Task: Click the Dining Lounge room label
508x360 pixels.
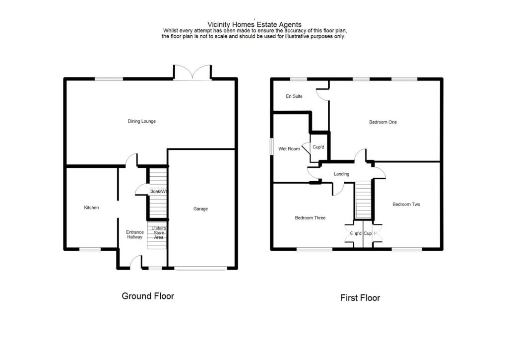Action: coord(142,121)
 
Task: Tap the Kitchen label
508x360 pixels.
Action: coord(91,208)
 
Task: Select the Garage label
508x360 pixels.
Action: coord(200,209)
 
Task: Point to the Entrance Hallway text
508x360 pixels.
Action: coord(134,235)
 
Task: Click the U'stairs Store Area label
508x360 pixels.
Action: coord(159,233)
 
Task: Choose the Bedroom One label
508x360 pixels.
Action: coord(383,122)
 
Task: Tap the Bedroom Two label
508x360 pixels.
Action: coord(406,204)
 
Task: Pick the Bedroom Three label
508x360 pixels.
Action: coord(310,218)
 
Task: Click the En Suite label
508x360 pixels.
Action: coord(294,96)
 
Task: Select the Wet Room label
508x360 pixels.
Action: coord(289,148)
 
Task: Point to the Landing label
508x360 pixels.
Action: coord(341,174)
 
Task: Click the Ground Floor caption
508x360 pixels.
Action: coord(148,296)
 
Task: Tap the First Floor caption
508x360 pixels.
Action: coord(360,298)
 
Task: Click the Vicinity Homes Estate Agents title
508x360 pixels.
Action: coord(254,24)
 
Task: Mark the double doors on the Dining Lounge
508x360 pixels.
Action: coord(192,73)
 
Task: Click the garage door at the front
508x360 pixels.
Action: coord(200,269)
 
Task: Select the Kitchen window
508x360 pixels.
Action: coord(90,249)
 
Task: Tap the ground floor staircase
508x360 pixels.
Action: coord(157,194)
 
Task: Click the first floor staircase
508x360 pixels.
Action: coord(364,199)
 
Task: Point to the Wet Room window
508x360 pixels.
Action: coord(271,148)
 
